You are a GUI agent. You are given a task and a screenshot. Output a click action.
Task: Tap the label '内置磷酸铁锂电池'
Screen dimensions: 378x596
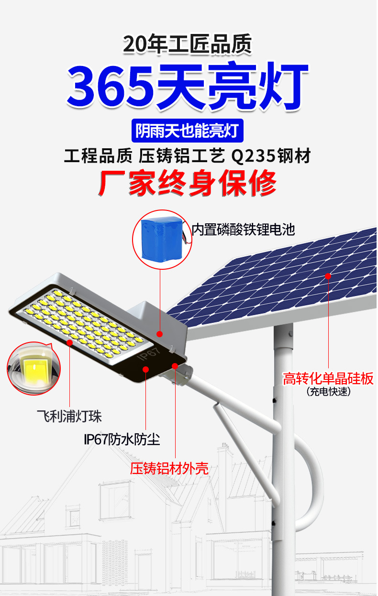(x=243, y=230)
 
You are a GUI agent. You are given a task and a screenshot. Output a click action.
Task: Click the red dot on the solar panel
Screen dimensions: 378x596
(x=328, y=276)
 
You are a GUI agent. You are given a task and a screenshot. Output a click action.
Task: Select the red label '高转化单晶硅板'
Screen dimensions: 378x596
(x=328, y=379)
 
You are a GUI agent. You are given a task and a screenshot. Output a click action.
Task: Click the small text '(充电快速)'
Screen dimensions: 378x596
(x=328, y=392)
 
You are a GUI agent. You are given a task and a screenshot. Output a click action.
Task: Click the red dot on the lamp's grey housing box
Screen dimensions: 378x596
(x=160, y=334)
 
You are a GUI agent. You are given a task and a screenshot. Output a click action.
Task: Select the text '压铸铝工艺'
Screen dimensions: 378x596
(x=181, y=156)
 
